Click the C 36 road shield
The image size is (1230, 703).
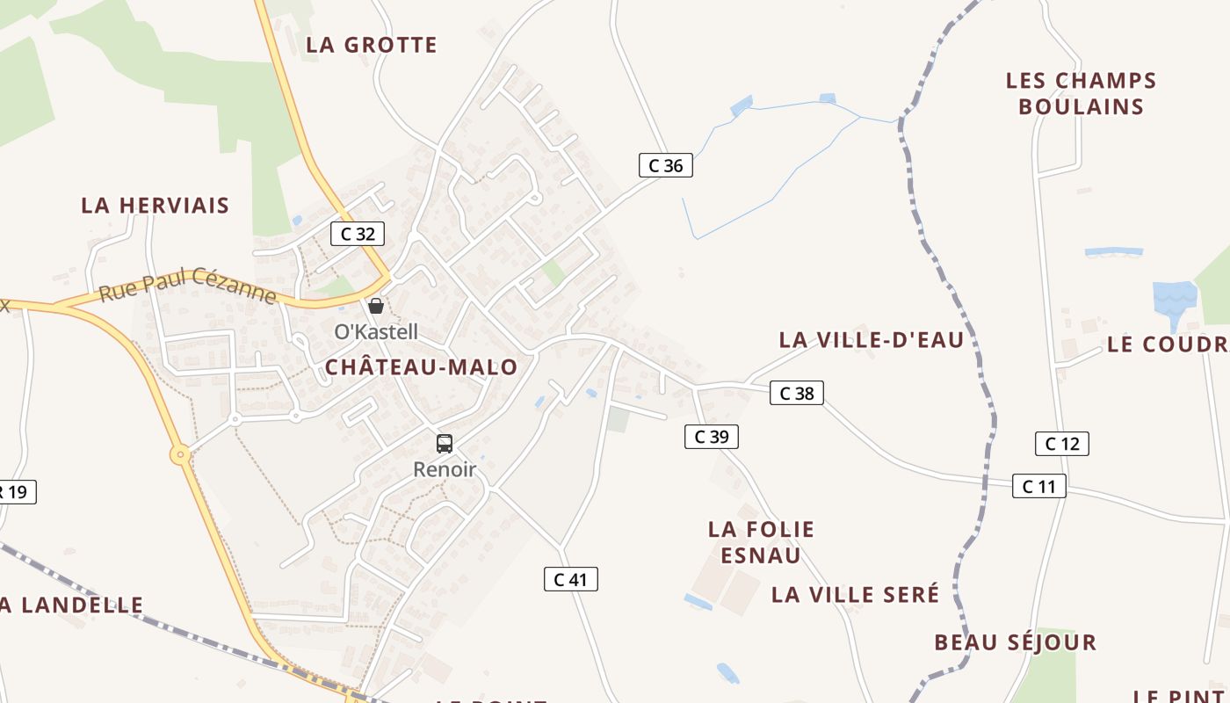[665, 165]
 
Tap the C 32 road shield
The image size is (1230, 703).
[358, 234]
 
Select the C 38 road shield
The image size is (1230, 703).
[797, 394]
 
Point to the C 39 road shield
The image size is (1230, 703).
[712, 437]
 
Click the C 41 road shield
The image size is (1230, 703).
[571, 579]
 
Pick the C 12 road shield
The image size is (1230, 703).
[1062, 444]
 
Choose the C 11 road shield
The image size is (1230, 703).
[1039, 486]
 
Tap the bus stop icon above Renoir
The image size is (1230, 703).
[445, 444]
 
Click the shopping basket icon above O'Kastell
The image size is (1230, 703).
[376, 306]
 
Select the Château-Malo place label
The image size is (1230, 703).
[422, 367]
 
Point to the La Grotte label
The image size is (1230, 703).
[372, 45]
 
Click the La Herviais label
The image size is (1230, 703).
[156, 206]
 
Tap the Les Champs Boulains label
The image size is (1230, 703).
[1082, 94]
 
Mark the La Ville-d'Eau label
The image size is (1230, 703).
[872, 340]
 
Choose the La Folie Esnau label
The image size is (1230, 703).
[762, 542]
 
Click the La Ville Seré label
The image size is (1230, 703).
[856, 595]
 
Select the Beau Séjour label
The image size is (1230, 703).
[1016, 642]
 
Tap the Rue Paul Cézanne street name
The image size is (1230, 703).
[188, 286]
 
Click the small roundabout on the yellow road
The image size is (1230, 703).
[180, 454]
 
